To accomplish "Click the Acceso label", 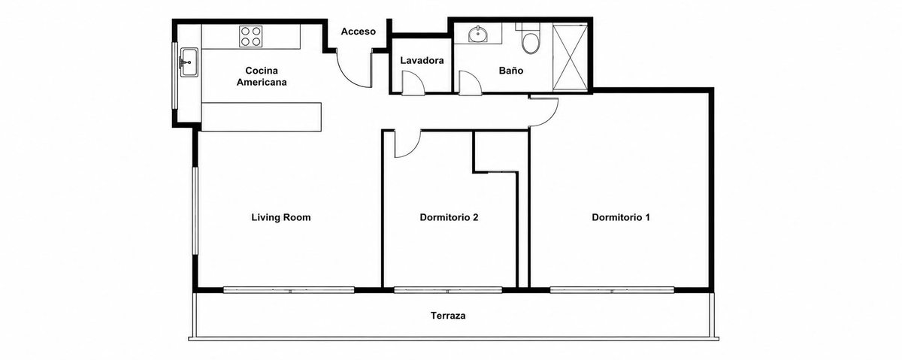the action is tap(358, 32).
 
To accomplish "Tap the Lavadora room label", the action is tap(422, 60).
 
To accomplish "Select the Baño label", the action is tap(511, 71).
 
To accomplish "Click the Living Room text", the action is tap(281, 217).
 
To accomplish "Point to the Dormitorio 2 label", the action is tap(449, 217).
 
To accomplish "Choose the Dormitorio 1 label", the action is tap(621, 217).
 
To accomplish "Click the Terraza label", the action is tap(448, 316).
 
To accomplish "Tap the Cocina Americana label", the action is tap(262, 76).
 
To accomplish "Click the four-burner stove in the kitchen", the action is tap(250, 36).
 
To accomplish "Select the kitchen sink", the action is tap(189, 62).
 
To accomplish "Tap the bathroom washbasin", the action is tap(478, 34).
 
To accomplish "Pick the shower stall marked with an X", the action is tap(570, 57).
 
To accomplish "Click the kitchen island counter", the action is tap(262, 116).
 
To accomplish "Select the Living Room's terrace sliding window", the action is tap(289, 289).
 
